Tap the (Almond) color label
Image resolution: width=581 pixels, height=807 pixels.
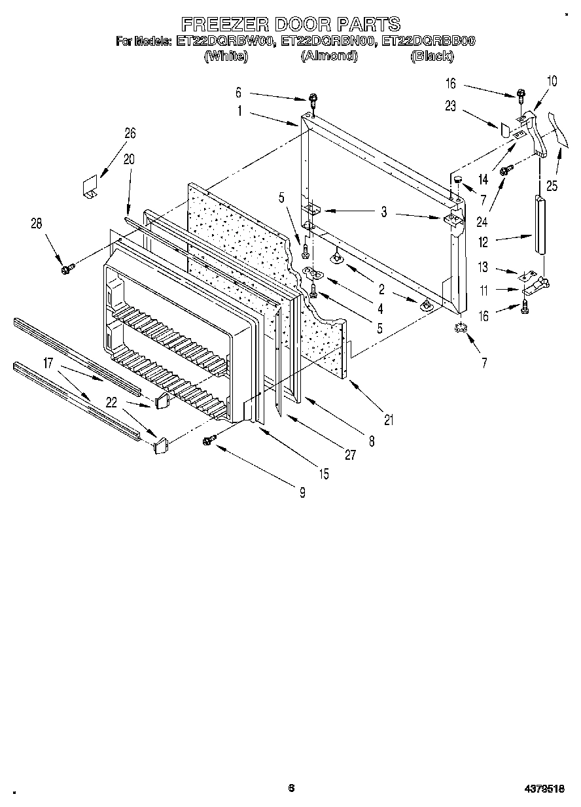329,56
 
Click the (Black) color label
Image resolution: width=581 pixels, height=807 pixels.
432,56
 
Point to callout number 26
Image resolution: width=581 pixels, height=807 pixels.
130,133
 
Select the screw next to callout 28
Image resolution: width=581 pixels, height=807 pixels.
65,269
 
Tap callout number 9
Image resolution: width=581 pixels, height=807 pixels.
302,492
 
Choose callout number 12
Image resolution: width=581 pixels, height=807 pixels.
483,243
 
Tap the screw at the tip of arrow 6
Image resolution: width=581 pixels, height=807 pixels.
314,100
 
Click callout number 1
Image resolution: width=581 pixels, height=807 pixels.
239,111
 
